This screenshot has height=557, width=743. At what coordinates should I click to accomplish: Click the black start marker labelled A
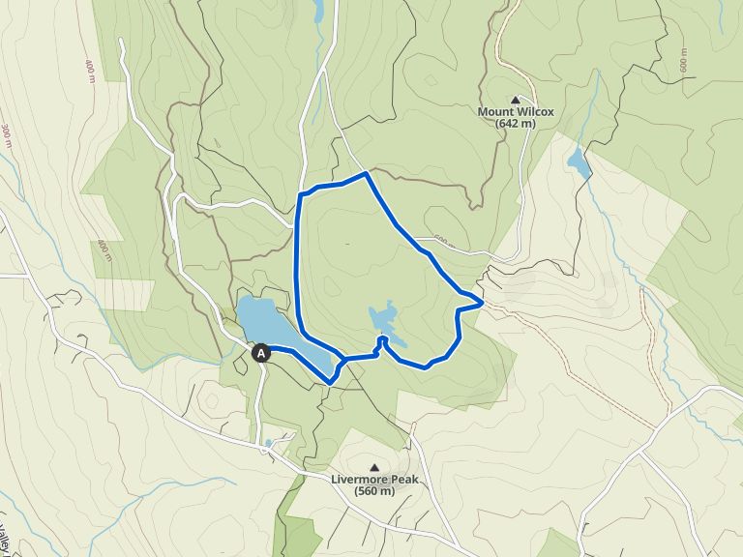pyautogui.click(x=260, y=354)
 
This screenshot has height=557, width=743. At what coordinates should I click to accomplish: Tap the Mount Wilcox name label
pyautogui.click(x=516, y=111)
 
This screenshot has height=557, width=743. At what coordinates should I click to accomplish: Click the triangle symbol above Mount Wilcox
pyautogui.click(x=516, y=99)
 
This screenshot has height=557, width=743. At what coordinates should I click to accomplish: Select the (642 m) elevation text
pyautogui.click(x=516, y=124)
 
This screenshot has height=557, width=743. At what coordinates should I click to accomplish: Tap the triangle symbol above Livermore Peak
pyautogui.click(x=374, y=467)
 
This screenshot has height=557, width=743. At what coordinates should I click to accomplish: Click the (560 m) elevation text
pyautogui.click(x=374, y=491)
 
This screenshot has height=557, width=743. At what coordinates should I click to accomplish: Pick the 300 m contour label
pyautogui.click(x=8, y=135)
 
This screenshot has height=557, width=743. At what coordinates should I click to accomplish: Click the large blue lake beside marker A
pyautogui.click(x=266, y=324)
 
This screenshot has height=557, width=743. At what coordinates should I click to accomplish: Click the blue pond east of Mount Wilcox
pyautogui.click(x=579, y=161)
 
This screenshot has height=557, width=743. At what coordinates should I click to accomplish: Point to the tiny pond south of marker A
pyautogui.click(x=268, y=444)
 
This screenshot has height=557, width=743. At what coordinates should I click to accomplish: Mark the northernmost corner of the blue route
pyautogui.click(x=365, y=174)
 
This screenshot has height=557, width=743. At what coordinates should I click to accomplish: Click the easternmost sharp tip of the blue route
pyautogui.click(x=482, y=304)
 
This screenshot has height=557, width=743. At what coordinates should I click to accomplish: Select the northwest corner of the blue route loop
pyautogui.click(x=299, y=195)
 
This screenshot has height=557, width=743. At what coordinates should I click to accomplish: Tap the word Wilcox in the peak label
pyautogui.click(x=534, y=111)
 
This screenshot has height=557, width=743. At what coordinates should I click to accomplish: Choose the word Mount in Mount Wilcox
pyautogui.click(x=494, y=111)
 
